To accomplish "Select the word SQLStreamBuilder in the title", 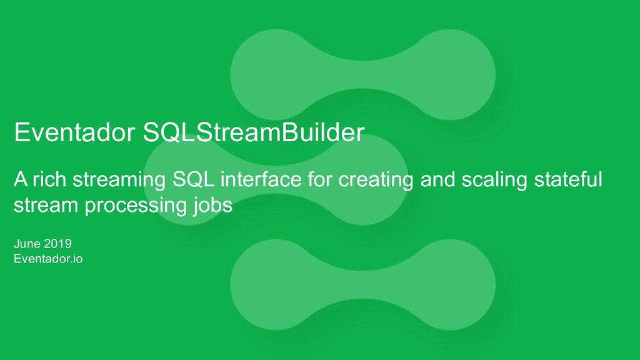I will [x=253, y=132].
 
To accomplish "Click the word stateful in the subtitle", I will [x=569, y=180].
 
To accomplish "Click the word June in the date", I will [x=27, y=244].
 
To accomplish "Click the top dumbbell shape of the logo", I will [x=362, y=75].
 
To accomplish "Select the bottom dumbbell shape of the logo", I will [x=362, y=285].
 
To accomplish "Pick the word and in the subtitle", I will [x=437, y=180].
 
